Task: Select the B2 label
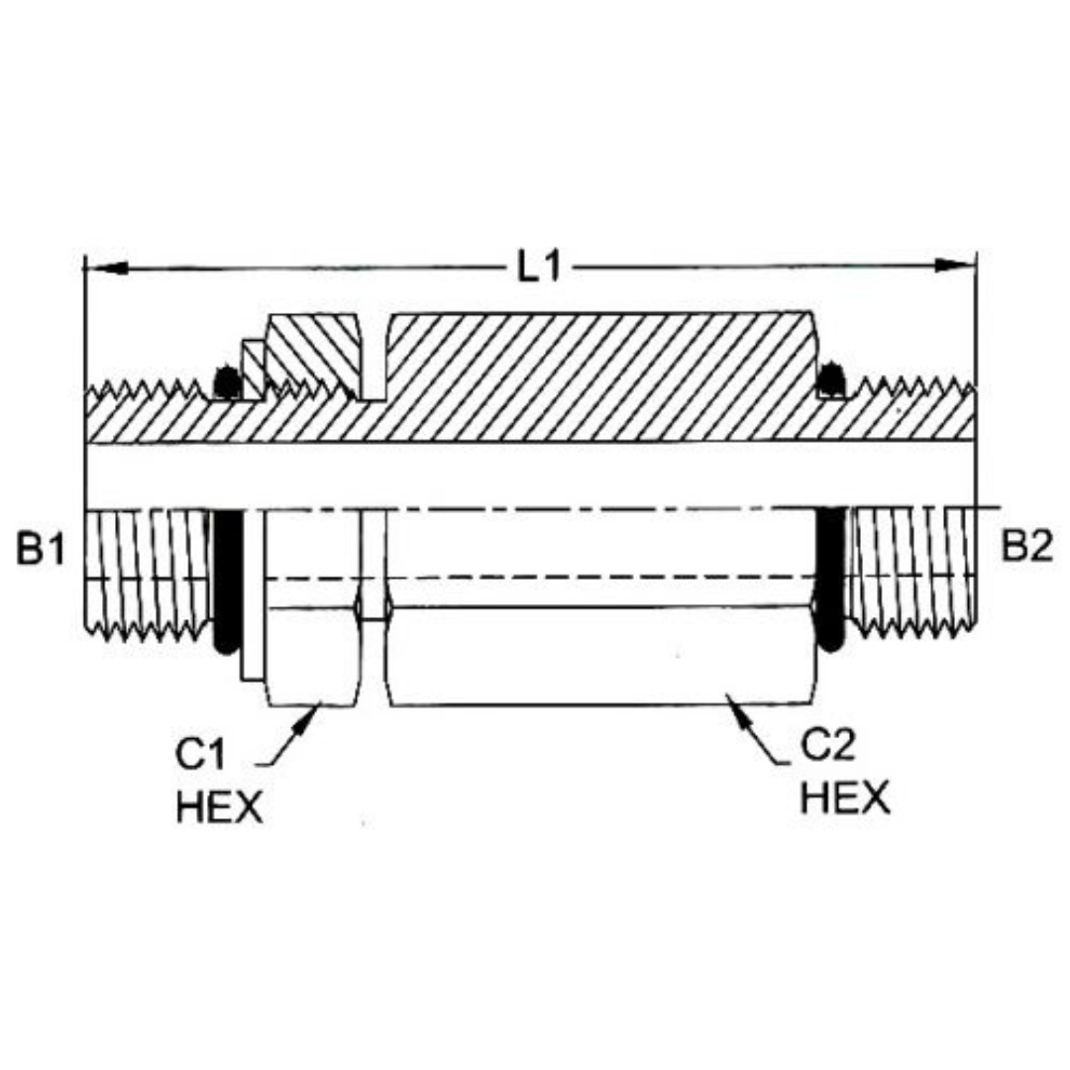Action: [x=1025, y=546]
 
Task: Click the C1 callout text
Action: [x=203, y=757]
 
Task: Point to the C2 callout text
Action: [x=827, y=747]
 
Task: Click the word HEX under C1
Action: [x=219, y=806]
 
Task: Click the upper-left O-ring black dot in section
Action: [x=227, y=382]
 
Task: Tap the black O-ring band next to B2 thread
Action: [x=830, y=580]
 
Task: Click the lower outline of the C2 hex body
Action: [x=594, y=704]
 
